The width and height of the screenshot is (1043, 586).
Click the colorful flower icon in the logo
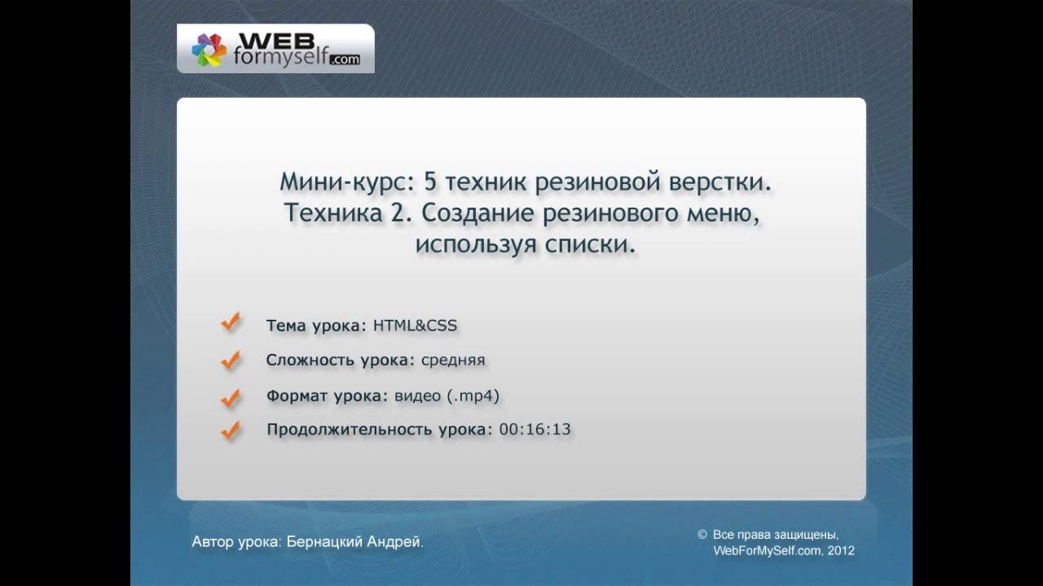209,50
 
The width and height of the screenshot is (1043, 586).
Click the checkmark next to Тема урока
231,323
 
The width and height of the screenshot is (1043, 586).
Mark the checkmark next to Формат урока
231,397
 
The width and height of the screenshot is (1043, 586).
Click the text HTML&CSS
415,326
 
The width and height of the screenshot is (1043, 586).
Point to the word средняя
453,360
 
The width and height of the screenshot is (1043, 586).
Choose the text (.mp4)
473,396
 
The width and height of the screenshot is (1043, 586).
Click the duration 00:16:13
535,429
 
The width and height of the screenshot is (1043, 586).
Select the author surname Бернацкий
324,542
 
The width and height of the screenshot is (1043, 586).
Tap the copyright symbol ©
702,535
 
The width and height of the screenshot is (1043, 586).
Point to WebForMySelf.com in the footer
766,551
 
